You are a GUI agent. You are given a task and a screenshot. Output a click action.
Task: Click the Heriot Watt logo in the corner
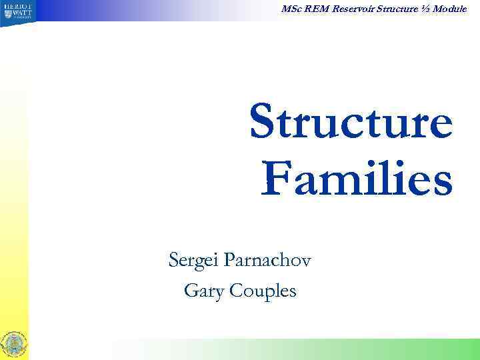pos(15,13)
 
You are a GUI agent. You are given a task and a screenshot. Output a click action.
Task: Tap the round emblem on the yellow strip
pos(15,344)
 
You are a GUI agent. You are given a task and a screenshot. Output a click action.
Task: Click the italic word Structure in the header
pos(394,8)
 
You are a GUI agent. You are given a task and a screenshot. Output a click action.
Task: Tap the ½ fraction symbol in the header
pos(426,8)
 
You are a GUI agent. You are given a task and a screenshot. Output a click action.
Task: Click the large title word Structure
pos(351,124)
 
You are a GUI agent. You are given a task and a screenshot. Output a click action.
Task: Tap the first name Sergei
pos(195,258)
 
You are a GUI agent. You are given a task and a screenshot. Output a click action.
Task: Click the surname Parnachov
pos(271,258)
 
